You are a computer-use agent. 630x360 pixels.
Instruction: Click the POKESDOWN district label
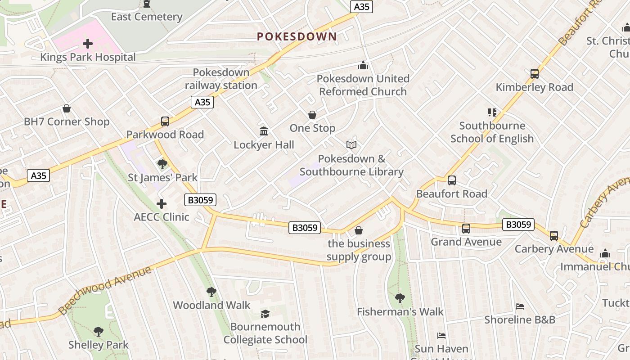[x=297, y=37]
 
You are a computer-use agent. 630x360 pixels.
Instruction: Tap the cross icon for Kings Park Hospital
[x=88, y=44]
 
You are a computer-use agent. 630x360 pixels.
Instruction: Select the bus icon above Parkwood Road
[x=165, y=121]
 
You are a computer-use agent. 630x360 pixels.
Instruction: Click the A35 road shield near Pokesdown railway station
[x=202, y=102]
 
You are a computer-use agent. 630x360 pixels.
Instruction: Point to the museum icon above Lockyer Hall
[x=264, y=131]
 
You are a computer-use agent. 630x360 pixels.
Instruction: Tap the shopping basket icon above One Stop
[x=312, y=115]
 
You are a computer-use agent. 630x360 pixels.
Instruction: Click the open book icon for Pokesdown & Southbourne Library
[x=351, y=145]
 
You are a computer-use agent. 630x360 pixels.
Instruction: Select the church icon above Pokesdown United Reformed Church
[x=363, y=66]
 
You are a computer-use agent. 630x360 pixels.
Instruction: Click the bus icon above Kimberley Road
[x=534, y=74]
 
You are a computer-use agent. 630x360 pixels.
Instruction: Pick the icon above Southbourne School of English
[x=492, y=112]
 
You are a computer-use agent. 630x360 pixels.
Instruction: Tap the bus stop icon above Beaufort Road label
[x=451, y=180]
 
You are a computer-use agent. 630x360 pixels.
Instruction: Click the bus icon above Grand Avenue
[x=466, y=229]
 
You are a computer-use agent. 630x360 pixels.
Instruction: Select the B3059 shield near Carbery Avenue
[x=518, y=224]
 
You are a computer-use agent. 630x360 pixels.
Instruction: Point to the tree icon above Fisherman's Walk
[x=400, y=298]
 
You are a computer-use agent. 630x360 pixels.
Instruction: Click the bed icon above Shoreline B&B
[x=519, y=306]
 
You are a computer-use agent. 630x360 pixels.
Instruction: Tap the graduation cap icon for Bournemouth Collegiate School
[x=265, y=314]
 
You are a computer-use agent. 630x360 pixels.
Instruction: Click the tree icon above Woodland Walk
[x=211, y=292]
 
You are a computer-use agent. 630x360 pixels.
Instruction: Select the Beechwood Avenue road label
[x=105, y=291]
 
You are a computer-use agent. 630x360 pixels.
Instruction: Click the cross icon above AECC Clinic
[x=162, y=204]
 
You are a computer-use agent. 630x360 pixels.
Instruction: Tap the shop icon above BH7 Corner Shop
[x=67, y=108]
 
